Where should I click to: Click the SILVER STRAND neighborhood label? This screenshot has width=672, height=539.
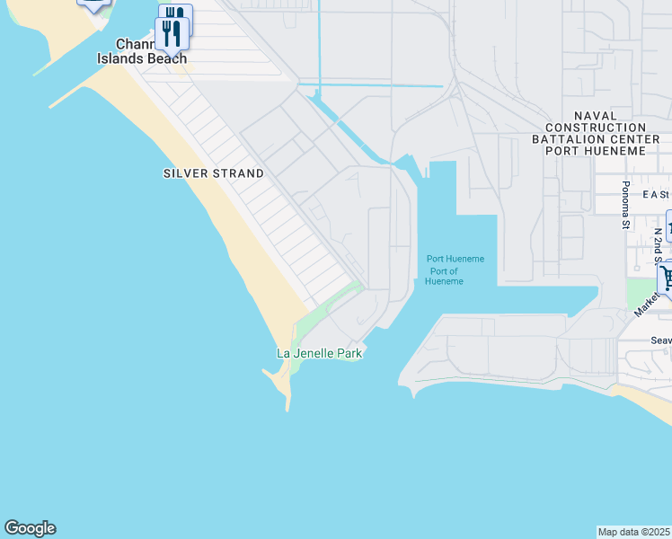(x=214, y=173)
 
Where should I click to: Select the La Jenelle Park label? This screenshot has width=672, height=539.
(x=319, y=353)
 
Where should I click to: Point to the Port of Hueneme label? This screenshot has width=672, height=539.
(x=445, y=277)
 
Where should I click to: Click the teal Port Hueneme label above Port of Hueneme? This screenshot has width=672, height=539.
(x=455, y=259)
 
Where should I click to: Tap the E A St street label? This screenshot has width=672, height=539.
(x=656, y=194)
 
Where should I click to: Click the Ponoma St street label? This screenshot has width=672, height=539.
(x=626, y=205)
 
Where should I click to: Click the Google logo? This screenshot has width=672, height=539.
(x=30, y=528)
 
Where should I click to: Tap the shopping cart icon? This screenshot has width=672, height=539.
(x=667, y=276)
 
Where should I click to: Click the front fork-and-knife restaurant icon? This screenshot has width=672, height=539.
(x=171, y=33)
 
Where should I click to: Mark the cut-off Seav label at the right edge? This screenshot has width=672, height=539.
(x=661, y=340)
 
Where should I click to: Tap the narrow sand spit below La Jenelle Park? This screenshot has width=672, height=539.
(x=286, y=386)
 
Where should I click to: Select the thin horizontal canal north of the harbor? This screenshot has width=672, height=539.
(x=373, y=85)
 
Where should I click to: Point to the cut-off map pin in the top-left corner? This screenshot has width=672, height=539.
(x=93, y=4)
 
